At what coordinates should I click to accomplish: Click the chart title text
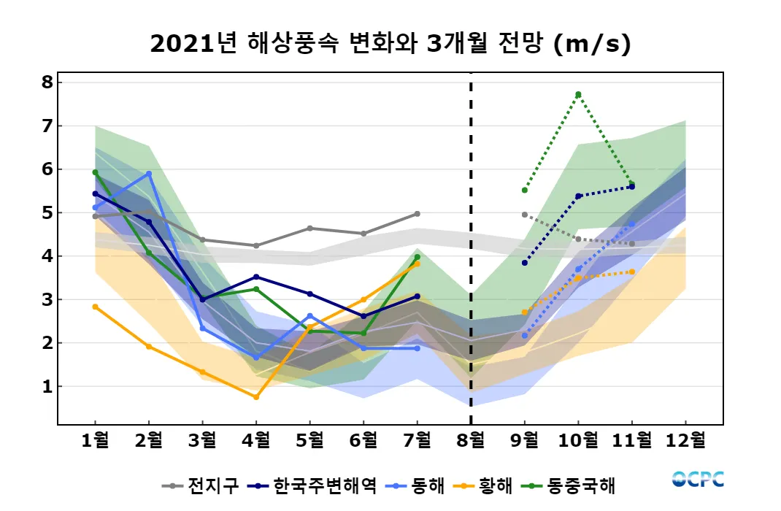pyautogui.click(x=390, y=44)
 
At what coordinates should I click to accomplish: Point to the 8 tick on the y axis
pyautogui.click(x=47, y=82)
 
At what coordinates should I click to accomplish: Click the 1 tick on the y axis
pyautogui.click(x=47, y=386)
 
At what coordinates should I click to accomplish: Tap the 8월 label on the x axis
pyautogui.click(x=471, y=440)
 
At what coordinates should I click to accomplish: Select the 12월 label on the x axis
pyautogui.click(x=685, y=440)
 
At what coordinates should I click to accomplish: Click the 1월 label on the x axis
pyautogui.click(x=96, y=440)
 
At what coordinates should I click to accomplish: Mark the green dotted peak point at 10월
pyautogui.click(x=578, y=94)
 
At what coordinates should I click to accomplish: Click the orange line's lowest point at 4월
pyautogui.click(x=256, y=397)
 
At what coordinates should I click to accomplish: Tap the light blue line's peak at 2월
pyautogui.click(x=149, y=174)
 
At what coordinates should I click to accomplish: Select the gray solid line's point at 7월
pyautogui.click(x=417, y=213)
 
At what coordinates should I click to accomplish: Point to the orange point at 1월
pyautogui.click(x=96, y=307)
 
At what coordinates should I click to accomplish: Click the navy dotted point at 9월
pyautogui.click(x=525, y=263)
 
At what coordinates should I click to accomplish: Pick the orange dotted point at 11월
pyautogui.click(x=632, y=272)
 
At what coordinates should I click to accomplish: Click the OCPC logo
pyautogui.click(x=698, y=480)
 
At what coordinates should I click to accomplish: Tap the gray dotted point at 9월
pyautogui.click(x=525, y=215)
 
